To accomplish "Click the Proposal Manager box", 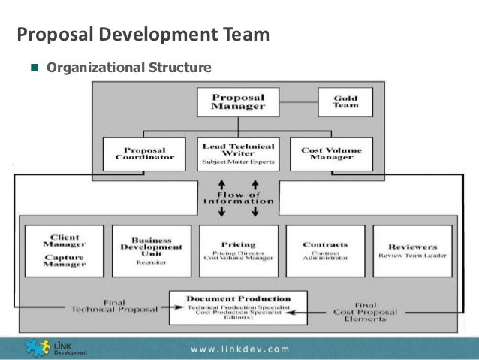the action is (x=238, y=101).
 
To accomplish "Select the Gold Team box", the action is (x=345, y=101).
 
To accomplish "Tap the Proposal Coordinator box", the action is (x=144, y=153).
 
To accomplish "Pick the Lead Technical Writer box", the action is (x=238, y=153).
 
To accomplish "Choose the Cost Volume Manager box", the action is (x=331, y=153).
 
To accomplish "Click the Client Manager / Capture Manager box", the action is (x=64, y=250).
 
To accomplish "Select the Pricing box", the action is (x=238, y=250).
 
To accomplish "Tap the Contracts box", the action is (x=325, y=250).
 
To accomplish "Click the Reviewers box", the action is (x=413, y=250).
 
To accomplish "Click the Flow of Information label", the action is (x=238, y=198).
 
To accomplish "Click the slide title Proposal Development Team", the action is (x=143, y=35).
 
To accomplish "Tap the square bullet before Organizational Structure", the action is (x=34, y=68).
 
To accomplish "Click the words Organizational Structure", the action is (x=129, y=68).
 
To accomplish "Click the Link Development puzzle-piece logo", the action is (x=38, y=347).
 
